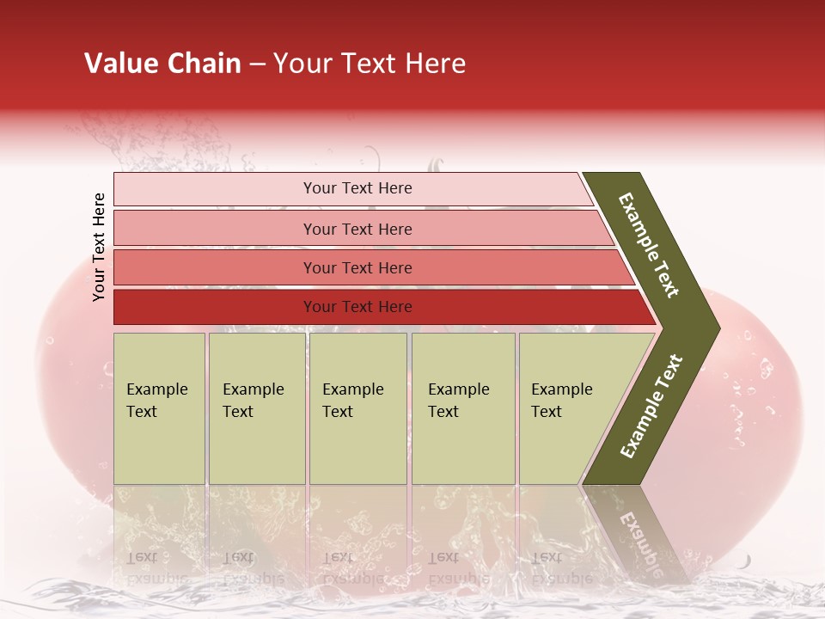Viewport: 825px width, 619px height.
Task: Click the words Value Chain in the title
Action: pyautogui.click(x=162, y=64)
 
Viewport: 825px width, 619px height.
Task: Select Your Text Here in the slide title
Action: pyautogui.click(x=370, y=64)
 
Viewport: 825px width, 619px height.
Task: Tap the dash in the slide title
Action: pyautogui.click(x=257, y=64)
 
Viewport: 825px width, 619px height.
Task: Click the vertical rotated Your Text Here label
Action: pyautogui.click(x=99, y=247)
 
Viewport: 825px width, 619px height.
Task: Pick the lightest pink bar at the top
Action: pyautogui.click(x=352, y=188)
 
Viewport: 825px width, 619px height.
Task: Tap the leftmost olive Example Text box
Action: pyautogui.click(x=159, y=408)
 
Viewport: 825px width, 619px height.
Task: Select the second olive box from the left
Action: pyautogui.click(x=257, y=408)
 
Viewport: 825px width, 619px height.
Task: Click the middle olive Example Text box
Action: pyautogui.click(x=357, y=408)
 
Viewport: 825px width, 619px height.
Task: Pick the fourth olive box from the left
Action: pyautogui.click(x=463, y=408)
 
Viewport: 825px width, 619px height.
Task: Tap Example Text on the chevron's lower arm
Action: pyautogui.click(x=651, y=406)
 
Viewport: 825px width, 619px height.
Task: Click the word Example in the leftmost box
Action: pyautogui.click(x=156, y=389)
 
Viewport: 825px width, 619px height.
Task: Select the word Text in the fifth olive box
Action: pyautogui.click(x=546, y=412)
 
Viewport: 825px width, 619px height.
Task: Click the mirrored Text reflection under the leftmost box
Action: pyautogui.click(x=142, y=557)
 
